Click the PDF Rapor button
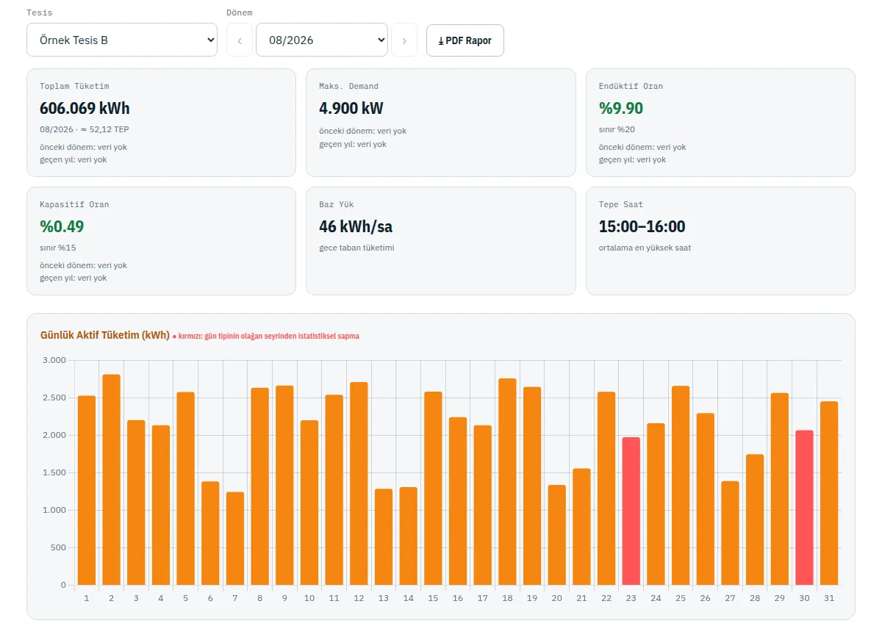click(x=465, y=40)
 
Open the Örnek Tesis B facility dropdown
click(x=122, y=40)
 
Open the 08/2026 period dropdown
click(x=322, y=40)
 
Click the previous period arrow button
click(x=240, y=40)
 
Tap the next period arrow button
click(x=404, y=40)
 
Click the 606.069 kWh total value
click(x=85, y=108)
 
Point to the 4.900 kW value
click(x=351, y=108)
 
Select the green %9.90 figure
click(x=621, y=108)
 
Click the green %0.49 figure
click(x=62, y=226)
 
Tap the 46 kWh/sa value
click(x=356, y=226)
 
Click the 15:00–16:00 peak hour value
click(x=642, y=226)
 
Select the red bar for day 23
click(x=631, y=511)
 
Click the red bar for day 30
click(x=804, y=508)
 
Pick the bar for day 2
click(x=112, y=480)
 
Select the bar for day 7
click(x=235, y=539)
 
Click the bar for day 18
click(x=508, y=481)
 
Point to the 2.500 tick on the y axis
click(x=54, y=397)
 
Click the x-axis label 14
click(x=409, y=598)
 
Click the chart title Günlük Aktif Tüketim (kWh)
click(x=104, y=335)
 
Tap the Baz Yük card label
click(x=337, y=204)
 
